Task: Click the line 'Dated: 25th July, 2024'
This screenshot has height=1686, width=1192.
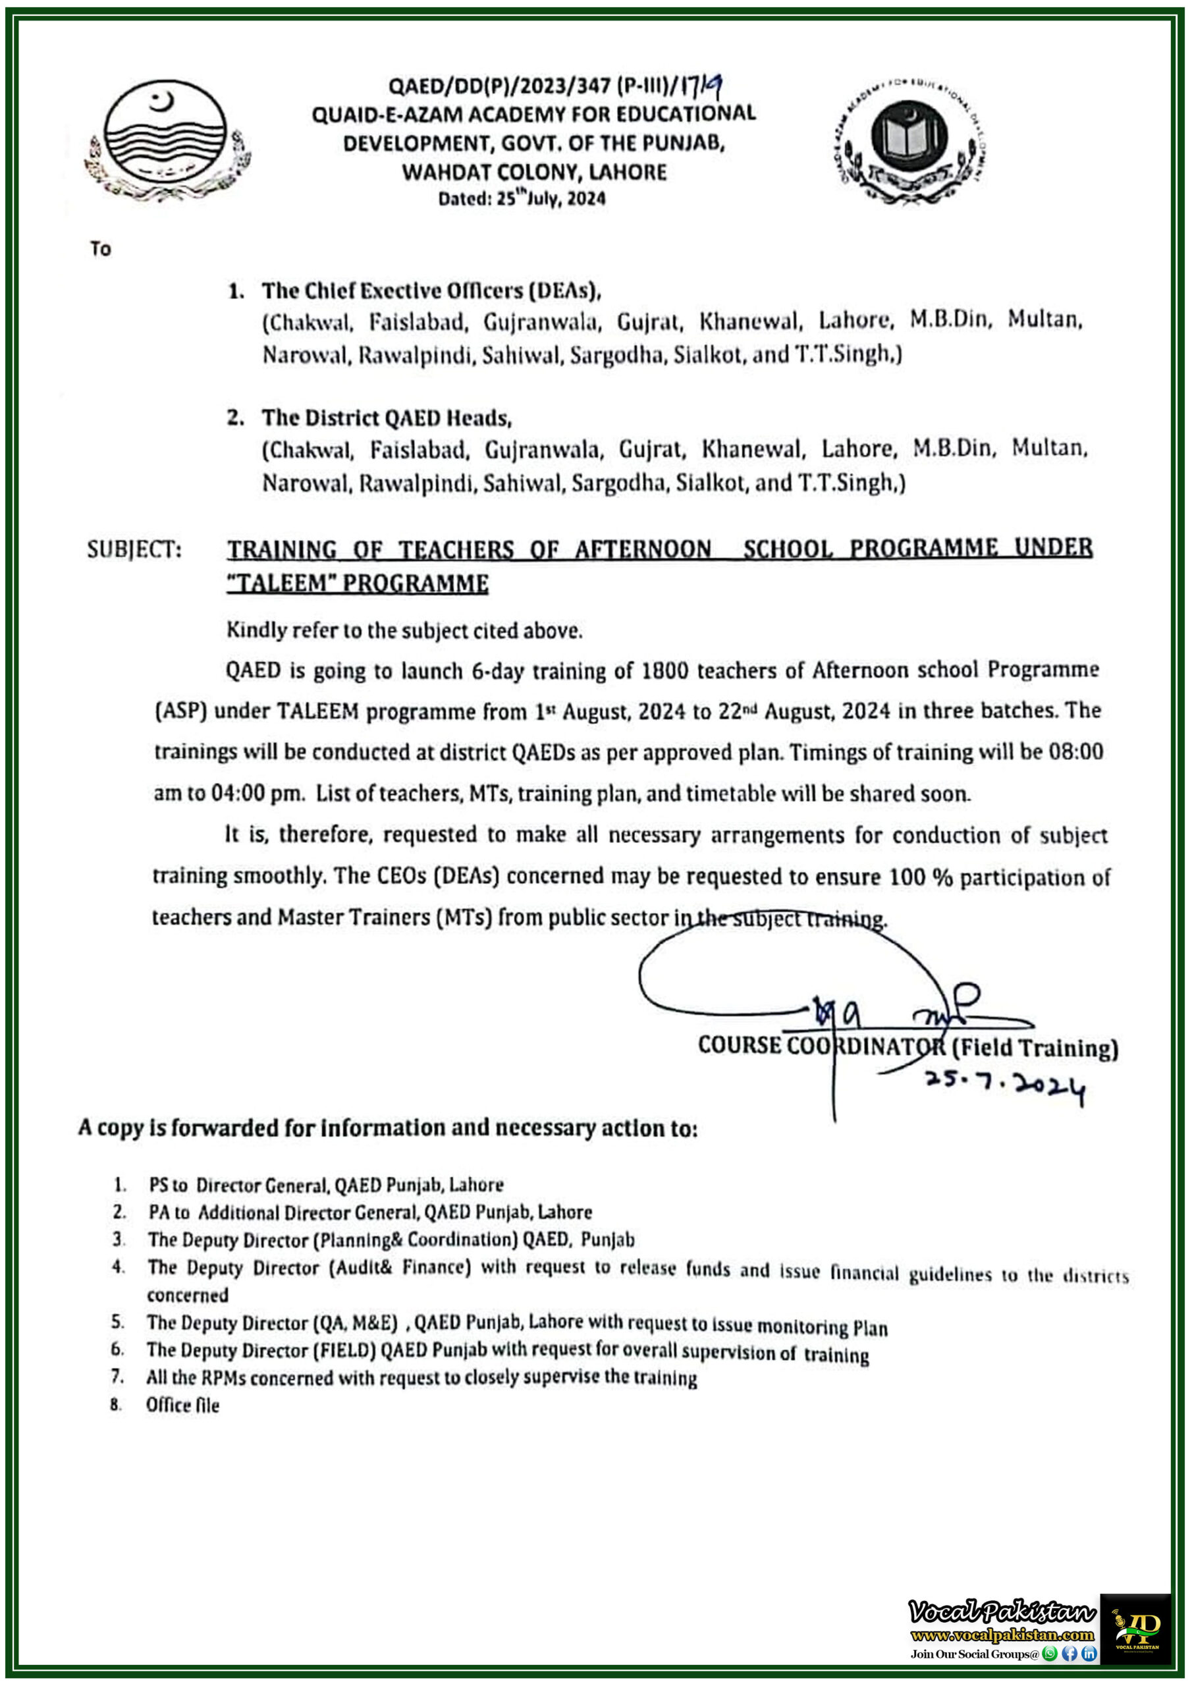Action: [x=522, y=198]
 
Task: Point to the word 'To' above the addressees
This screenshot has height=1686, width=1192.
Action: [x=101, y=250]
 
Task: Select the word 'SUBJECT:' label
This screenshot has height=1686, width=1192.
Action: [x=134, y=550]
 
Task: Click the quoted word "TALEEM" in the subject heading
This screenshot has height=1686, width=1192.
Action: [x=276, y=584]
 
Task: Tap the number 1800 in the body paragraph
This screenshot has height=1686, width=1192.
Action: [x=664, y=671]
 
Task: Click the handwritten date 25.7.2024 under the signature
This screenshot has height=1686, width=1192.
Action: [x=1004, y=1085]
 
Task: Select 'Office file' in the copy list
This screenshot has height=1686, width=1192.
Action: [x=182, y=1405]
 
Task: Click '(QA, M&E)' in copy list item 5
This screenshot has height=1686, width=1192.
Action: [x=356, y=1322]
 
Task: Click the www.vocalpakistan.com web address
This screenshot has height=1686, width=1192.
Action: [x=1002, y=1635]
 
